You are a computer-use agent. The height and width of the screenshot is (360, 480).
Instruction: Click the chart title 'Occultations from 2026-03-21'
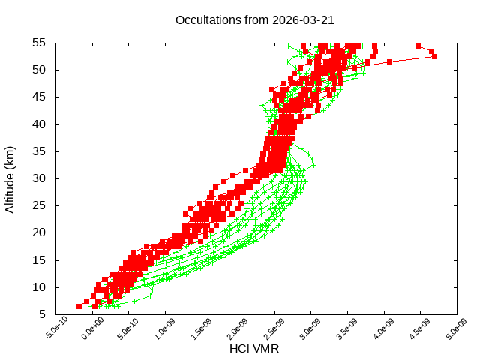pyautogui.click(x=254, y=19)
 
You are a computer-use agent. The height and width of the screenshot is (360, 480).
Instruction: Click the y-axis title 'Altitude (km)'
pyautogui.click(x=10, y=178)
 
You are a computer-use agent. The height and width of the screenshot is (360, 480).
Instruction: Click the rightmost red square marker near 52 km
pyautogui.click(x=434, y=56)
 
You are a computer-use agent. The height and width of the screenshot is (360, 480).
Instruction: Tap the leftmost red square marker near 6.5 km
pyautogui.click(x=79, y=306)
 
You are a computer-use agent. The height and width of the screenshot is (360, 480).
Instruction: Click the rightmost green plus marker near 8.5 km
pyautogui.click(x=150, y=295)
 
